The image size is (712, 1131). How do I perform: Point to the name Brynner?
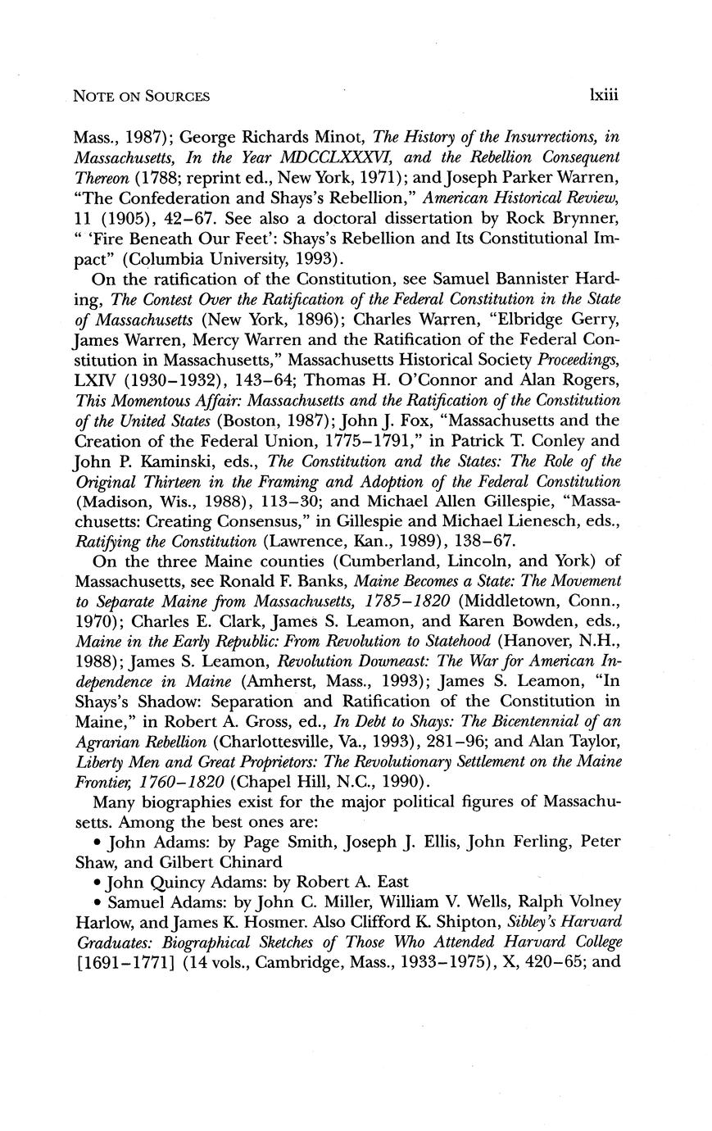pyautogui.click(x=579, y=218)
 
